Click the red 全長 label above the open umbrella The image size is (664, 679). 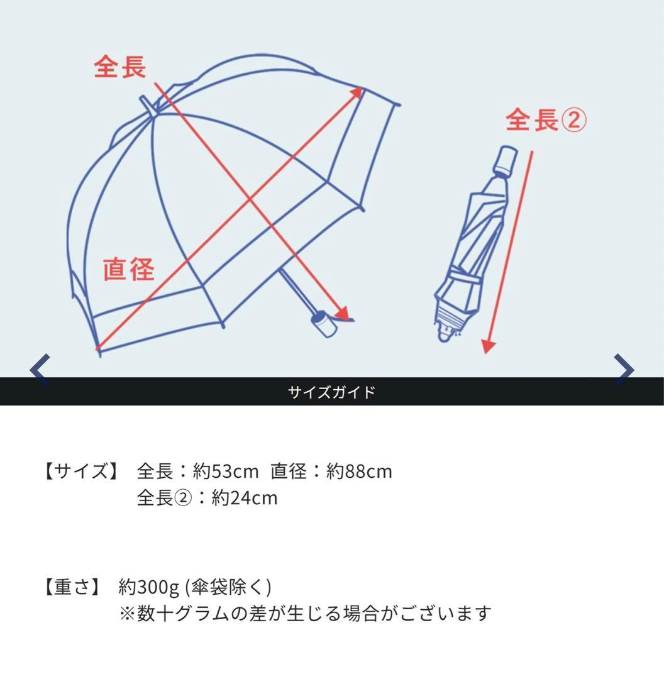(119, 67)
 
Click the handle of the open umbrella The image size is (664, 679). (324, 324)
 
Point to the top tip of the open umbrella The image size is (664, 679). (146, 103)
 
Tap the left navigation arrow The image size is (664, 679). (40, 370)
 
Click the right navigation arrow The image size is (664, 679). (624, 370)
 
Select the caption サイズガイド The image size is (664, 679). (331, 392)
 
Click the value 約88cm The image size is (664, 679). (359, 471)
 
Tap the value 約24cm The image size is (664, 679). (245, 498)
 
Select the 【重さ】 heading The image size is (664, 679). (72, 587)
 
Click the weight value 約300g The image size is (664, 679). (148, 587)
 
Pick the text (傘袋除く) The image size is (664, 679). (228, 587)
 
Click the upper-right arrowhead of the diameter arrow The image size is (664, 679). (357, 92)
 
